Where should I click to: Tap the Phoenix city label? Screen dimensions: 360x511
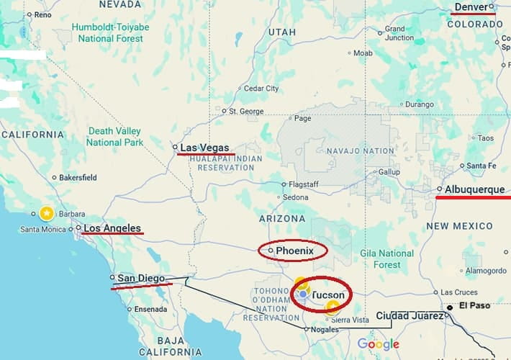(295, 251)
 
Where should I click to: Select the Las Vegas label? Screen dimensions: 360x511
(204, 148)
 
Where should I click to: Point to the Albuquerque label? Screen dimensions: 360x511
(474, 189)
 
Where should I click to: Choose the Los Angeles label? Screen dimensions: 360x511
(112, 229)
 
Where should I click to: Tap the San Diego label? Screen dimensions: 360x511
(141, 278)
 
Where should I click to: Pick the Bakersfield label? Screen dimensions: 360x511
(78, 177)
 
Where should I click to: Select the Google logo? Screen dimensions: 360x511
(378, 344)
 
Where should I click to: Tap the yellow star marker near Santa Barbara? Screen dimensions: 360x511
(46, 213)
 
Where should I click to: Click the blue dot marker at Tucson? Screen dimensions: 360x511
(304, 294)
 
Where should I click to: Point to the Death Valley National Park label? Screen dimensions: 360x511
(115, 136)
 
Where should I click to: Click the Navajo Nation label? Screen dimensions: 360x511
(360, 151)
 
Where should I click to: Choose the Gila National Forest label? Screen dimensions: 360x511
(386, 259)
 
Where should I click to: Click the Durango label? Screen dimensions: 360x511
(420, 104)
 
